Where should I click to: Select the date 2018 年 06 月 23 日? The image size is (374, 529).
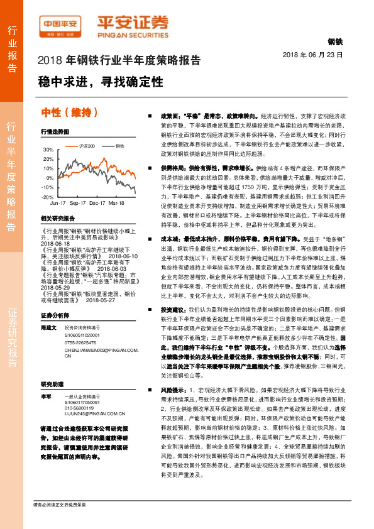(312, 55)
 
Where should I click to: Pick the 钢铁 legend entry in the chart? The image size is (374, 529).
(119, 146)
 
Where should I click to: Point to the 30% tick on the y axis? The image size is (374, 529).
(48, 150)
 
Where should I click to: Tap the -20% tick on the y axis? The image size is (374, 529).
(48, 197)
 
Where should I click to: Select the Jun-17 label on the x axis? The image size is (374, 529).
(58, 204)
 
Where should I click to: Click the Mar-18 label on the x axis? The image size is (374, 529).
(116, 204)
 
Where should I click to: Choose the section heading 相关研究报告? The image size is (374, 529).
(57, 219)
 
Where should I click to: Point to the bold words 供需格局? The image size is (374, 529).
(172, 170)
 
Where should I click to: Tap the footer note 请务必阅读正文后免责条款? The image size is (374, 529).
(59, 504)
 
